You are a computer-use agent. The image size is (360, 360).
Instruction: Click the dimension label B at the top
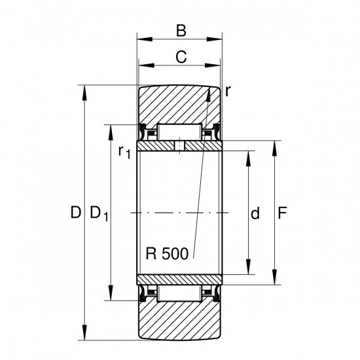pos(181,31)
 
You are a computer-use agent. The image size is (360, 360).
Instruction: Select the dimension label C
pos(181,57)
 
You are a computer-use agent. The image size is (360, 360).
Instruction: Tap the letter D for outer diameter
pos(76,212)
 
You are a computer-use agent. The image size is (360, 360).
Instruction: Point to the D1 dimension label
pos(99,213)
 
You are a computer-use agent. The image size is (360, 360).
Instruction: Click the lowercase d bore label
pos(255,213)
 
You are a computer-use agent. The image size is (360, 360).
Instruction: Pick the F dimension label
pos(282,213)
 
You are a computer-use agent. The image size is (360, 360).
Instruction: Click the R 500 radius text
pos(167,254)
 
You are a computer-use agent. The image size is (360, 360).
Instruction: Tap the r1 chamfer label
pos(124,152)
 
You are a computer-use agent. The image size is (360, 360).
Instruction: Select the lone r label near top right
pos(227,92)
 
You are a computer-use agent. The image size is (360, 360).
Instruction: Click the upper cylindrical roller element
pos(179,132)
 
